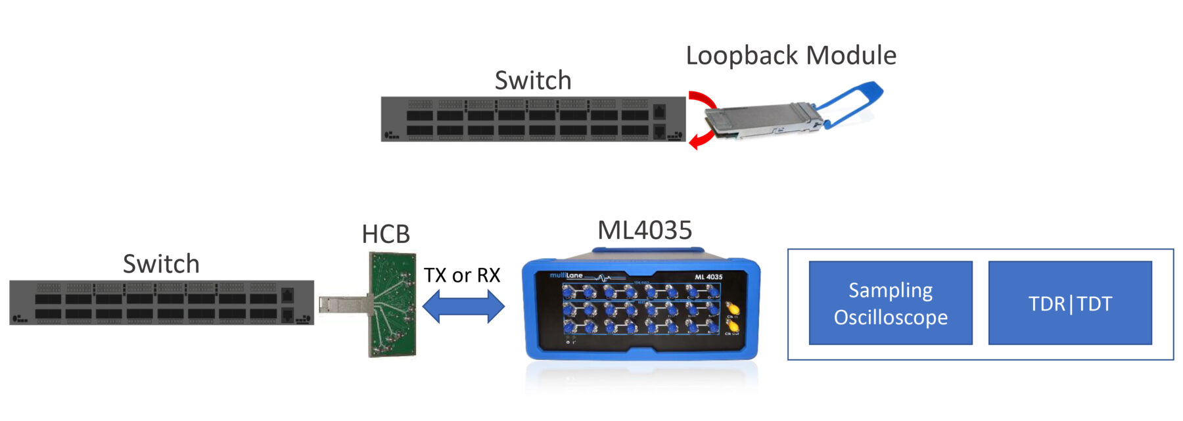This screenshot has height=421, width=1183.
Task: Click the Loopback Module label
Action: (791, 56)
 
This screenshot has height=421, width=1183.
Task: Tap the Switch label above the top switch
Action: (532, 81)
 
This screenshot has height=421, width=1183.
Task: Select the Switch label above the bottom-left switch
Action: (161, 264)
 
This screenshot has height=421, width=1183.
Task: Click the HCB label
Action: (386, 234)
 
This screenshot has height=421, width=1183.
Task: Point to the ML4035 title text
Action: (644, 231)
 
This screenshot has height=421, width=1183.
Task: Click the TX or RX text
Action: (461, 275)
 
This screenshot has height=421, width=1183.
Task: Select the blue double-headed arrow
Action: (463, 306)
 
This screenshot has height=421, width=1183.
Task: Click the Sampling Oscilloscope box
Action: (890, 303)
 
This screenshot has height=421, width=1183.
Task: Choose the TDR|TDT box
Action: (1070, 303)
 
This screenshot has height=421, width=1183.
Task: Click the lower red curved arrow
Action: (702, 139)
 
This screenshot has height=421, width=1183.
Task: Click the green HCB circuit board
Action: (392, 304)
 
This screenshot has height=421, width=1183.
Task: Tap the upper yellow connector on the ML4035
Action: (732, 308)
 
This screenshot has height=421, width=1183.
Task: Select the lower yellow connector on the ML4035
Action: (732, 325)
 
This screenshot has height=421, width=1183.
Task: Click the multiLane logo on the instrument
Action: (567, 276)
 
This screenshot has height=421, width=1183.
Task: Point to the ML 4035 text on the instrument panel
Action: (708, 277)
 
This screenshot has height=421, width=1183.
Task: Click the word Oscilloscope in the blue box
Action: (890, 318)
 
